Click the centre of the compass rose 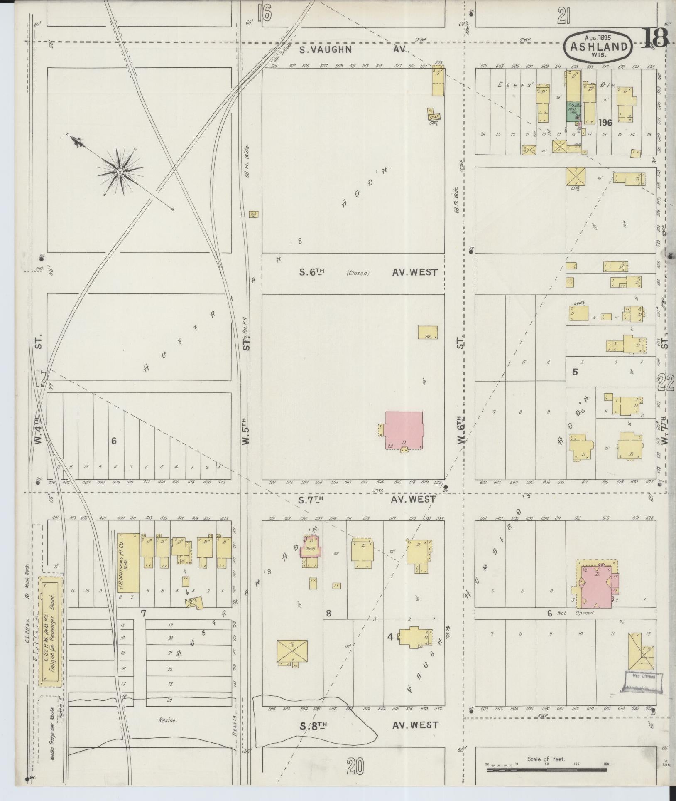point(120,171)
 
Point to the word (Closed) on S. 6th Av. point(358,273)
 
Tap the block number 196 point(605,123)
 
